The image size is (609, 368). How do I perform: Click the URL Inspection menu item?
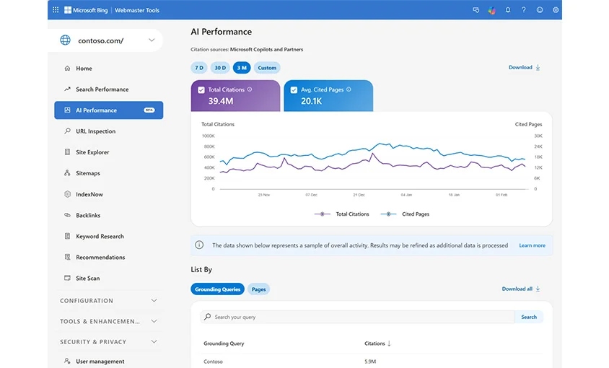point(95,131)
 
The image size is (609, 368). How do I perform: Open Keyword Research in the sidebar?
point(100,237)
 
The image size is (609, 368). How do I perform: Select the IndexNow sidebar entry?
point(89,195)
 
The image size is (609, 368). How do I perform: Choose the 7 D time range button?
point(199,68)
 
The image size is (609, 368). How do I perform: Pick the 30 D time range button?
point(220,68)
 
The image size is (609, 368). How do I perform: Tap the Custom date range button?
point(267,68)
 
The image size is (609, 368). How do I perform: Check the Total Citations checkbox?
point(201,90)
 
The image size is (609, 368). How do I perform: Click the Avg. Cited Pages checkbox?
point(294,90)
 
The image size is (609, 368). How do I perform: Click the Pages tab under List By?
point(258,289)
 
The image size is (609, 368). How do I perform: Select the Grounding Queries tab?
point(217,289)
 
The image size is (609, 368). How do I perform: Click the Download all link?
point(520,289)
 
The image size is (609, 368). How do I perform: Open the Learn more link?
point(532,245)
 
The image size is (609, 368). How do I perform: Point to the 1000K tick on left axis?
point(208,136)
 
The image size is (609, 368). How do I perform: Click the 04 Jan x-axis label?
point(406,195)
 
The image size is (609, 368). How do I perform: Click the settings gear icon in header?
point(556,10)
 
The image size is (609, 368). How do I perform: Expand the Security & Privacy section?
point(108,342)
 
